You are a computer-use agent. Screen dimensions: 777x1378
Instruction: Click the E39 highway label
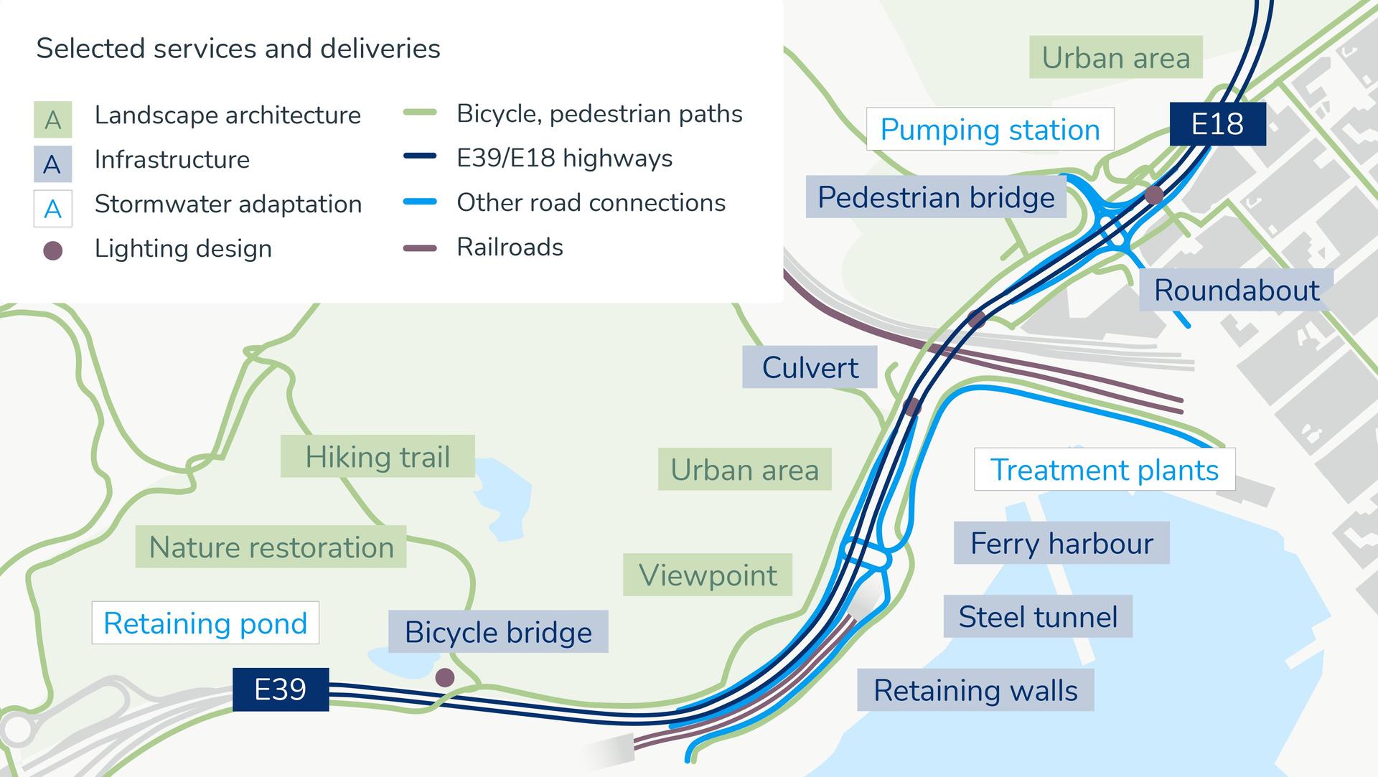281,689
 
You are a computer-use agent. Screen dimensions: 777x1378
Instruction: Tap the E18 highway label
1217,124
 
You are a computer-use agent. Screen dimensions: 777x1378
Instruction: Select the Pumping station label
990,129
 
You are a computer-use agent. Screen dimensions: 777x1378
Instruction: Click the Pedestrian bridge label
936,197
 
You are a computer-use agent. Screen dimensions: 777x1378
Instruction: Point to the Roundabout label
1236,290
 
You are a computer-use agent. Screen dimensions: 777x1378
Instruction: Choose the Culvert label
810,367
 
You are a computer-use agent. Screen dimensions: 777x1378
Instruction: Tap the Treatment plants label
1104,470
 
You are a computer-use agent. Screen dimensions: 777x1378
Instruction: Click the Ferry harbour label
1061,543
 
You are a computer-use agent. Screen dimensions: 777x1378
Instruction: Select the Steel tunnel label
1038,616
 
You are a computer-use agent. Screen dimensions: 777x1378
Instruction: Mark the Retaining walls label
975,690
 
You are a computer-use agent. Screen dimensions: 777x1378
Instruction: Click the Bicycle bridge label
498,632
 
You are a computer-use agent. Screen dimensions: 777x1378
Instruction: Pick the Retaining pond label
205,623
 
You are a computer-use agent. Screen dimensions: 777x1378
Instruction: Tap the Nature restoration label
271,547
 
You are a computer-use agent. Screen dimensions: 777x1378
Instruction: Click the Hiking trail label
378,456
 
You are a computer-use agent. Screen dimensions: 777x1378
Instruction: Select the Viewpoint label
708,575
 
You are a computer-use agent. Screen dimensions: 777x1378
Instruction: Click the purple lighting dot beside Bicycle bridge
445,677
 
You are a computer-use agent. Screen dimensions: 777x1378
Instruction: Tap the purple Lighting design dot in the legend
53,250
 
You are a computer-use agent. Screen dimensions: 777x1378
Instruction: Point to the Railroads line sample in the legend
420,248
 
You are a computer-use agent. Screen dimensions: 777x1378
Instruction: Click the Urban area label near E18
1115,57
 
